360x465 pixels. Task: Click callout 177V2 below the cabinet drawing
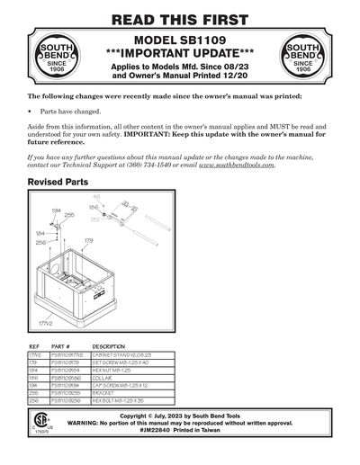(x=45, y=319)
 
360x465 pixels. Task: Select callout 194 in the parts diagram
(x=56, y=210)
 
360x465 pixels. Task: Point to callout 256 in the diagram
(x=40, y=243)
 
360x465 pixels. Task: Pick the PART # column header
(x=61, y=346)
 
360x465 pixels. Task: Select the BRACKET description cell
(x=107, y=392)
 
